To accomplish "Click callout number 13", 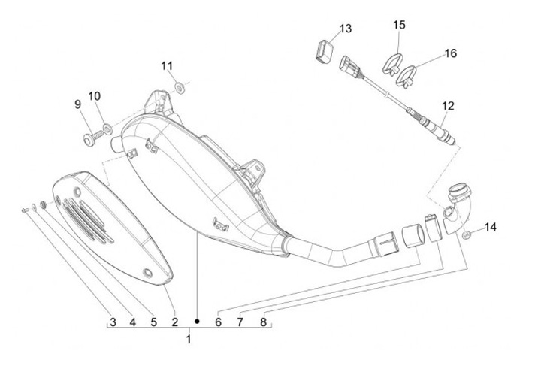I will (345, 29).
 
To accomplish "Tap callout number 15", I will (399, 25).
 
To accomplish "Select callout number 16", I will (451, 53).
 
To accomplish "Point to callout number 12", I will (448, 105).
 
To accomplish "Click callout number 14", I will (490, 227).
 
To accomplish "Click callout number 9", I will (77, 104).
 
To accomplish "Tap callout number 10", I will (94, 95).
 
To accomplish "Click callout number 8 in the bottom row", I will (263, 322).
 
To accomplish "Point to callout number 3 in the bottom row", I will (113, 322).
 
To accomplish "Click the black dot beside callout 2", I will (196, 322).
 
